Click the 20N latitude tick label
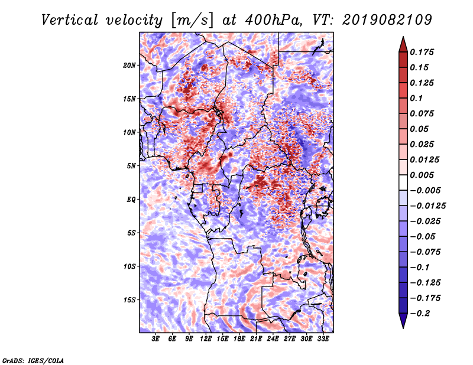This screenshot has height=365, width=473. pyautogui.click(x=129, y=66)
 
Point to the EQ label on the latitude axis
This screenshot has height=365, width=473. pyautogui.click(x=131, y=200)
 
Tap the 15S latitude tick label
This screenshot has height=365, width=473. pyautogui.click(x=129, y=300)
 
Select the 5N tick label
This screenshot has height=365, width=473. pyautogui.click(x=131, y=166)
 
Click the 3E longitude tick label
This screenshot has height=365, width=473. pyautogui.click(x=155, y=338)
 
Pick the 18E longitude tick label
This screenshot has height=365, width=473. pyautogui.click(x=239, y=338)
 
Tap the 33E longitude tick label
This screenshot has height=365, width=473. pyautogui.click(x=323, y=338)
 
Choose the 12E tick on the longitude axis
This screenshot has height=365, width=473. pyautogui.click(x=206, y=338)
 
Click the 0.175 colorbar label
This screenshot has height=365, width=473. pyautogui.click(x=422, y=52)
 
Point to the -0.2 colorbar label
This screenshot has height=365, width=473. pyautogui.click(x=420, y=314)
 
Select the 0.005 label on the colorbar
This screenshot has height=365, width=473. pyautogui.click(x=422, y=175)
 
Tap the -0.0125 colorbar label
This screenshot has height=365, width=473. pyautogui.click(x=427, y=206)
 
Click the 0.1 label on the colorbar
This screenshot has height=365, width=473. pyautogui.click(x=416, y=98)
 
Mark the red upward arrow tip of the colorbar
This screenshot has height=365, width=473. pyautogui.click(x=403, y=37)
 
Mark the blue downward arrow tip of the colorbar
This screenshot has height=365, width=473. pyautogui.click(x=403, y=328)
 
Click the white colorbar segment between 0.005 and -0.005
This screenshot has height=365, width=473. pyautogui.click(x=403, y=182)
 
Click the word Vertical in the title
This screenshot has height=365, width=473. pyautogui.click(x=70, y=20)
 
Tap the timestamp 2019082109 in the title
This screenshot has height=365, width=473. pyautogui.click(x=387, y=20)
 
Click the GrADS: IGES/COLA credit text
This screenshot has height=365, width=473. pyautogui.click(x=33, y=360)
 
